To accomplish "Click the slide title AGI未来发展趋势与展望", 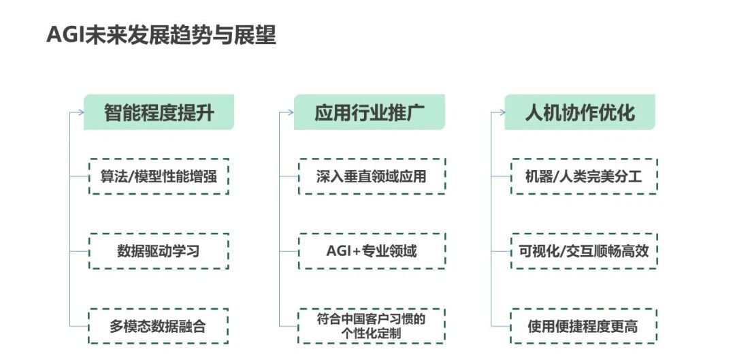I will pyautogui.click(x=161, y=35).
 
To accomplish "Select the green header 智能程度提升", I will pyautogui.click(x=159, y=112).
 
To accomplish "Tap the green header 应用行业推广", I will pyautogui.click(x=370, y=112).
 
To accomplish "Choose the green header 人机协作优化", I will pyautogui.click(x=580, y=112).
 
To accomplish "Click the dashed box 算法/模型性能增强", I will pyautogui.click(x=159, y=176).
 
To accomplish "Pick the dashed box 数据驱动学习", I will pyautogui.click(x=159, y=251).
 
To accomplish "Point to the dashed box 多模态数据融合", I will pyautogui.click(x=159, y=326).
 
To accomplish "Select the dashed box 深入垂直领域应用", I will pyautogui.click(x=372, y=176).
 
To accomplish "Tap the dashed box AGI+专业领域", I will pyautogui.click(x=372, y=251).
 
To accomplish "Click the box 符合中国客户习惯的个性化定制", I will pyautogui.click(x=372, y=326).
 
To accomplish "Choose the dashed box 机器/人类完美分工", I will pyautogui.click(x=583, y=176).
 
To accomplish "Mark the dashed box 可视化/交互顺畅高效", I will pyautogui.click(x=583, y=251).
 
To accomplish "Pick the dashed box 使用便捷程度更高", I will pyautogui.click(x=583, y=326).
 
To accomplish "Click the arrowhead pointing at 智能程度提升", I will pyautogui.click(x=81, y=112).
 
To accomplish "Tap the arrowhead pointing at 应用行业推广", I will pyautogui.click(x=291, y=112).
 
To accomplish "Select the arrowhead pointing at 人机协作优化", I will pyautogui.click(x=502, y=112).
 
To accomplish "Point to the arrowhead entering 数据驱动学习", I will pyautogui.click(x=86, y=251).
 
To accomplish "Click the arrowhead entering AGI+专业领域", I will pyautogui.click(x=297, y=251).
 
